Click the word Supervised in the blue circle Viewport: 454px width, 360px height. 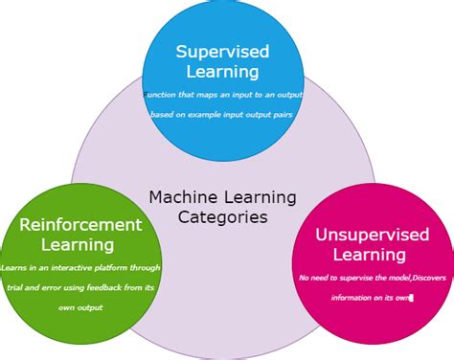point(222,51)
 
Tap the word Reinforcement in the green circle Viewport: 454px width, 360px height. point(80,225)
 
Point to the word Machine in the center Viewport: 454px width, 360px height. point(177,197)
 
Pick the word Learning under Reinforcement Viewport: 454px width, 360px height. point(80,245)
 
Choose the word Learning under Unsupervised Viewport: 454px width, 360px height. point(369,255)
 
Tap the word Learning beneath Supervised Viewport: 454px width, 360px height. point(222,71)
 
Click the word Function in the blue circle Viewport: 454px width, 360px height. point(161,95)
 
